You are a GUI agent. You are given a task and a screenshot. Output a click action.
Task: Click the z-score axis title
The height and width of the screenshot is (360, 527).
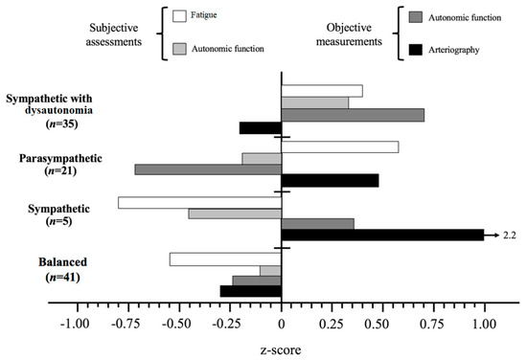point(281,349)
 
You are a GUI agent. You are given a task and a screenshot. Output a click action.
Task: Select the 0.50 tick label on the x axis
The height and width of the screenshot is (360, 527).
point(383,324)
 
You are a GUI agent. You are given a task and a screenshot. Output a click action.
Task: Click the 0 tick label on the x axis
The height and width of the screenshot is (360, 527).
point(282,324)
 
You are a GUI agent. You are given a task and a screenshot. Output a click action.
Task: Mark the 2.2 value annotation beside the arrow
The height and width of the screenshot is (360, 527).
point(510,235)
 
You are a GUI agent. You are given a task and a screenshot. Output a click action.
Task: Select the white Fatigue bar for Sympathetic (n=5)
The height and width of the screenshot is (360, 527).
point(199,203)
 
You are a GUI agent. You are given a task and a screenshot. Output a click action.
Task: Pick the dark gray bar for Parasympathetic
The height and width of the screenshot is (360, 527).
point(208,169)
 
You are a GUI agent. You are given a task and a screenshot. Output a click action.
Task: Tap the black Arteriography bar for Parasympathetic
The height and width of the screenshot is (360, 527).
point(330,180)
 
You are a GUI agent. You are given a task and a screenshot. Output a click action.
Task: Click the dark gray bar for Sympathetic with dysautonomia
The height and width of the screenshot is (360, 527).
point(353,115)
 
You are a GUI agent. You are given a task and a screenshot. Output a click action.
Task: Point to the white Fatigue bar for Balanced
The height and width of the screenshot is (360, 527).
point(225,259)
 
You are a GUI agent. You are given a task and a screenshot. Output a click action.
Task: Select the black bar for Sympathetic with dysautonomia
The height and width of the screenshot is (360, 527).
point(260,127)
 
